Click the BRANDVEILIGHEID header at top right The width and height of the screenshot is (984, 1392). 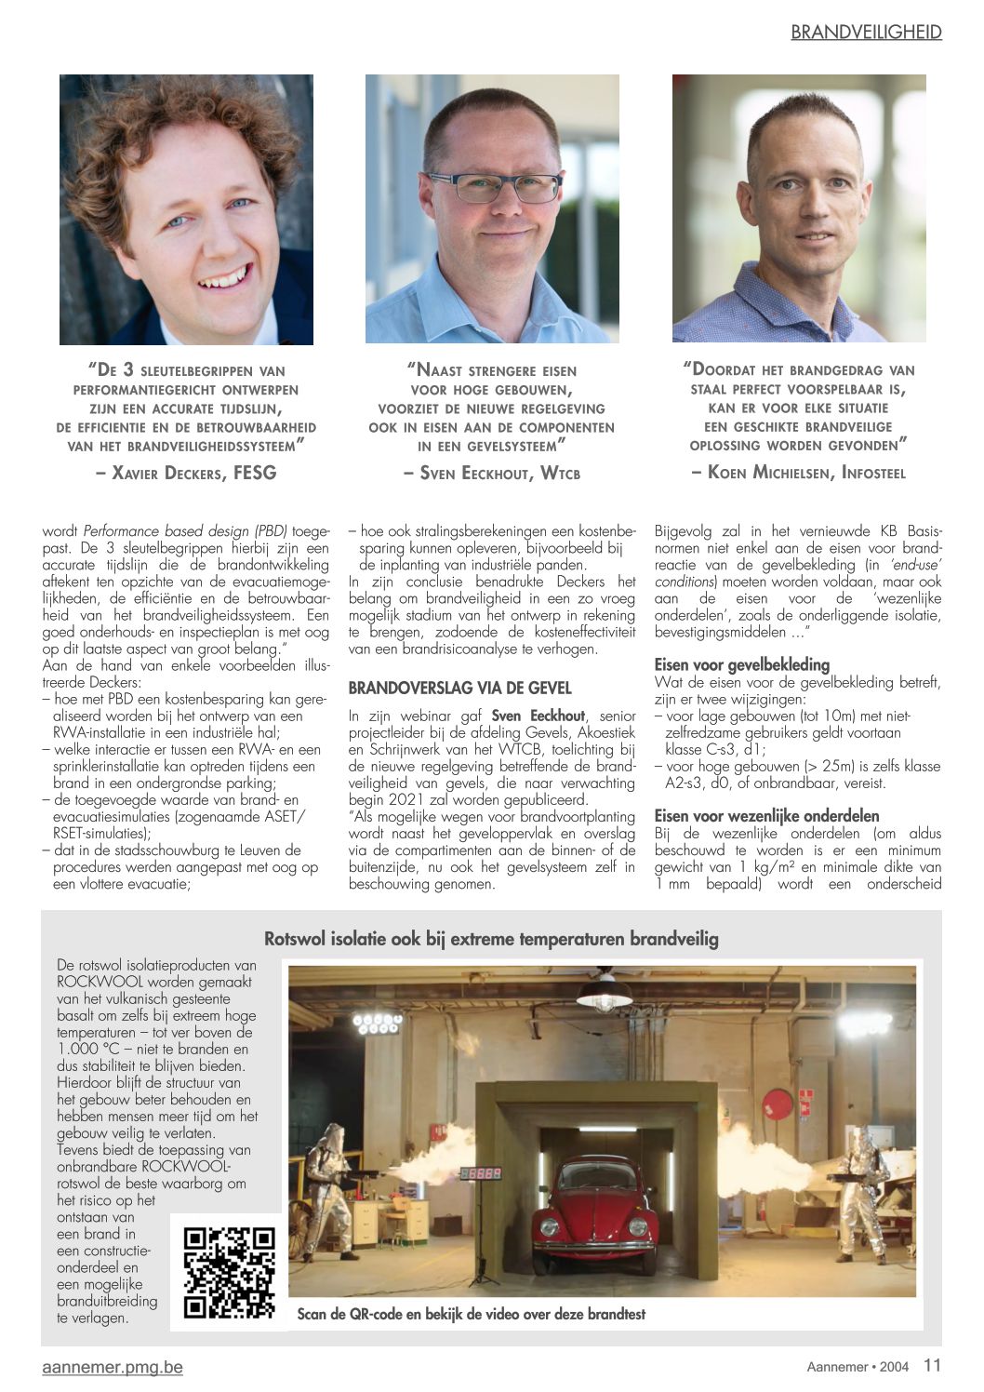pos(866,33)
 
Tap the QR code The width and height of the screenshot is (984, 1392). pos(230,1273)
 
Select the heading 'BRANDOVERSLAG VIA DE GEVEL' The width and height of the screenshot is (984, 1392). pos(459,689)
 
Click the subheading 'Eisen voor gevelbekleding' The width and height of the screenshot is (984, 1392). pos(741,664)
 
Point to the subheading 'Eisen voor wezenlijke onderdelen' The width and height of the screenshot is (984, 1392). pos(766,816)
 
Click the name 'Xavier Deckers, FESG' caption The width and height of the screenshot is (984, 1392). pos(186,473)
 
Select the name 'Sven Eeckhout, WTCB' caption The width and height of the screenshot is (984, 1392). pos(491,473)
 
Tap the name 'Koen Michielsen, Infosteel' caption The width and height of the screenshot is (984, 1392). pos(798,472)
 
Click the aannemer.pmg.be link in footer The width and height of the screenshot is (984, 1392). pos(113,1367)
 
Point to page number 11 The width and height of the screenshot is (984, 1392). pos(932,1365)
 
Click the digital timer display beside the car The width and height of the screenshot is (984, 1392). pos(482,1173)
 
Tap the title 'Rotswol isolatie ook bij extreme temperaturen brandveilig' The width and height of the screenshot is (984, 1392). pos(491,938)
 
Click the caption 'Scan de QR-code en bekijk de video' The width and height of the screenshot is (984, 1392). pos(471,1314)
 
